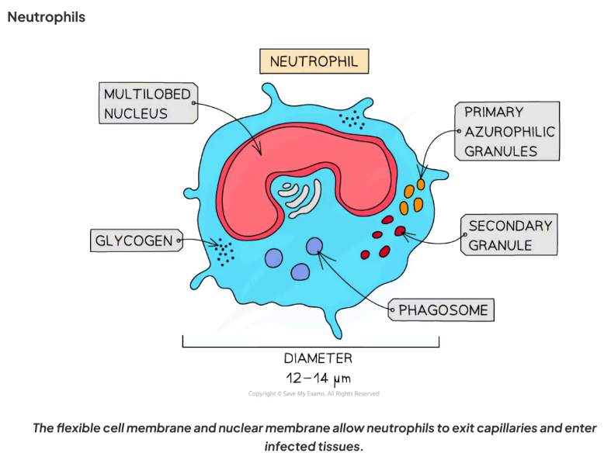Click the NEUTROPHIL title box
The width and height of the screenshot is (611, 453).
click(314, 62)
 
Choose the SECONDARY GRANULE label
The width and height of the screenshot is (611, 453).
click(510, 235)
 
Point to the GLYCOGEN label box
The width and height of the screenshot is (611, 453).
click(134, 240)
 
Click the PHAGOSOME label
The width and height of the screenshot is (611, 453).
click(443, 310)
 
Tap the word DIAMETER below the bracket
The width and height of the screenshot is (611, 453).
click(318, 358)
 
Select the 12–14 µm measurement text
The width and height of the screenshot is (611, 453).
click(318, 379)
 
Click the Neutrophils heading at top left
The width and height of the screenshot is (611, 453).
click(47, 16)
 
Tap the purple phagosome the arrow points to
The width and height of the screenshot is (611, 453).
click(314, 247)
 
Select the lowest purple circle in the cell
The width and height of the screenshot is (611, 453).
click(300, 271)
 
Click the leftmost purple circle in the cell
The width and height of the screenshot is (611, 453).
click(274, 259)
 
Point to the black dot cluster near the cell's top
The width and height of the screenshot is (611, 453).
click(352, 119)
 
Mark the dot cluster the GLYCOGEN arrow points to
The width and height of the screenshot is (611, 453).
click(224, 252)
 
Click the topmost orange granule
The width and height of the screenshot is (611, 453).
click(421, 185)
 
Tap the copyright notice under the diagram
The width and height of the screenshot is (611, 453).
click(314, 394)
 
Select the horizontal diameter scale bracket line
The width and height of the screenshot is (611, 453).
click(311, 346)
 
